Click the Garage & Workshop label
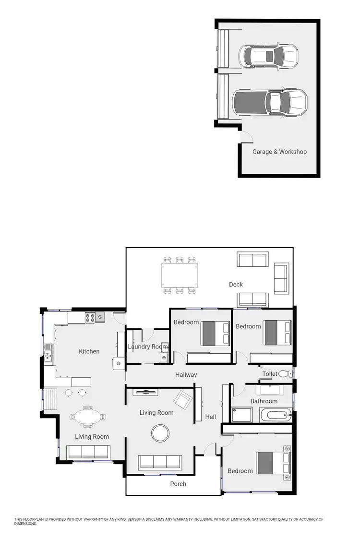(x=279, y=152)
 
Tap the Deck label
(x=236, y=285)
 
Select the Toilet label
(x=269, y=373)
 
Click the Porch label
(x=178, y=484)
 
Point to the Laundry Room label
(x=147, y=347)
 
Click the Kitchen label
(x=89, y=351)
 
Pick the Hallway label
(x=186, y=375)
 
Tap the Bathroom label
(x=264, y=401)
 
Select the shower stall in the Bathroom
(x=241, y=415)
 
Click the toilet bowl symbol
(x=285, y=373)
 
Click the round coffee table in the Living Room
(x=160, y=433)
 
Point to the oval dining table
(x=89, y=416)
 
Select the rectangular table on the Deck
(x=179, y=275)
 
